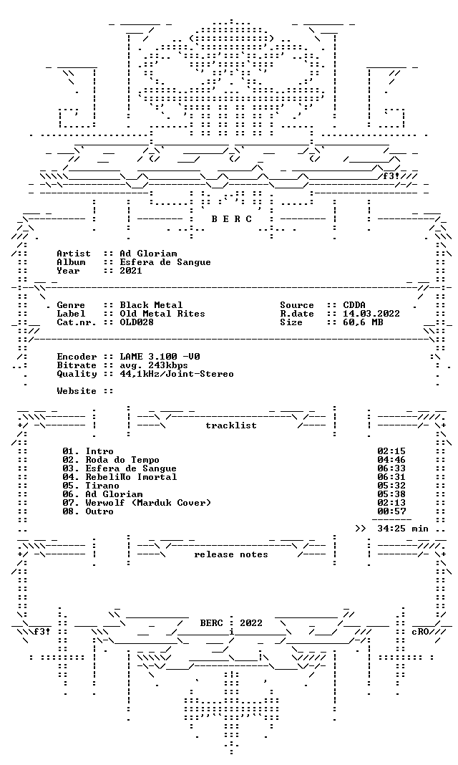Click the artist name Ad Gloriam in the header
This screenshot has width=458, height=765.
click(x=148, y=254)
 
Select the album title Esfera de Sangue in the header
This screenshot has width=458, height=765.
click(x=165, y=262)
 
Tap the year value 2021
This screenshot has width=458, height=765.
click(x=131, y=271)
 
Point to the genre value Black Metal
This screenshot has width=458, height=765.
click(x=151, y=305)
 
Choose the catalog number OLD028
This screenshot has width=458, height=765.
click(x=137, y=322)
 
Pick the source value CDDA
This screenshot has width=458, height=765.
click(x=354, y=305)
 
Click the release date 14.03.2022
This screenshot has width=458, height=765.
click(x=371, y=314)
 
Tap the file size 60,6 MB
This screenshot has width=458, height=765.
click(x=363, y=322)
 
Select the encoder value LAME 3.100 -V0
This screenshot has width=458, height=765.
click(x=160, y=357)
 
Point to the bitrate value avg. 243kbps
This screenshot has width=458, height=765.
click(x=154, y=365)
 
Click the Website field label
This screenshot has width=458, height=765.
click(x=77, y=391)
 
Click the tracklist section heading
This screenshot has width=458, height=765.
click(x=231, y=425)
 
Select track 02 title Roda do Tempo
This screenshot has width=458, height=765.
click(x=122, y=460)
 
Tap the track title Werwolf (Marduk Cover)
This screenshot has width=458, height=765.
click(x=148, y=503)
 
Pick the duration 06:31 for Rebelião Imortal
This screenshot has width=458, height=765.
click(x=391, y=477)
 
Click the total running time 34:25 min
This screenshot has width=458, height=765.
click(x=403, y=529)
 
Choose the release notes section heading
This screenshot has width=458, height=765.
click(x=231, y=554)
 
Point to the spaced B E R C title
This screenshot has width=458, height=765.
click(x=232, y=219)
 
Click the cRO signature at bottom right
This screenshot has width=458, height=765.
click(x=420, y=632)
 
